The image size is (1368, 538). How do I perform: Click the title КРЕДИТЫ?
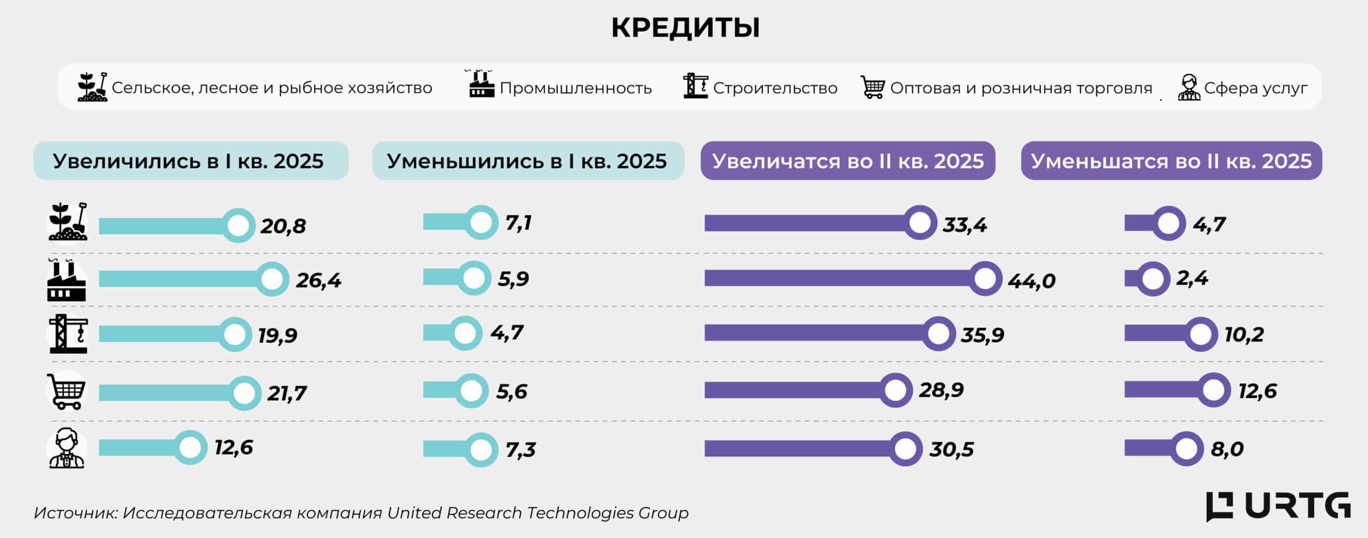point(685,28)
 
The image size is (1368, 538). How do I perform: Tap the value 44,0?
point(1031,280)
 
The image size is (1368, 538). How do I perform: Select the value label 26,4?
point(318,280)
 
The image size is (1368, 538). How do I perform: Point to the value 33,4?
point(965,225)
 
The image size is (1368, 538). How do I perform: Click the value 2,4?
point(1192,278)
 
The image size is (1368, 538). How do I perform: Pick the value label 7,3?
point(520,450)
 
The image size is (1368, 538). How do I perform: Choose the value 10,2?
point(1244,335)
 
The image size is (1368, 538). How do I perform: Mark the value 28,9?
point(941,390)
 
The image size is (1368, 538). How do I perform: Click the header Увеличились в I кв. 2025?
point(188,161)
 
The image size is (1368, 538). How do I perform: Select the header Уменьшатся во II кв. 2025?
point(1171,161)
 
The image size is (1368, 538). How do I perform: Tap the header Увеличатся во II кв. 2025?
point(848,161)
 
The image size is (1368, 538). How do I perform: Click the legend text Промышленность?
point(576,88)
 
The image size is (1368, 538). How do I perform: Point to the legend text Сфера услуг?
point(1256,88)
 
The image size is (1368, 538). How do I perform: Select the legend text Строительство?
point(775,88)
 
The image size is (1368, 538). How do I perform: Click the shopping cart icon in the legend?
point(873,87)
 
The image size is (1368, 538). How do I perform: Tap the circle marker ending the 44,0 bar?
point(985,278)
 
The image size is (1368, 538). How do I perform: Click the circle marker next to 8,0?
point(1186,449)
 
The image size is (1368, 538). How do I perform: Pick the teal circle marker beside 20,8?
point(238,225)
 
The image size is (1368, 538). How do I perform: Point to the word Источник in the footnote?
point(75,513)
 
